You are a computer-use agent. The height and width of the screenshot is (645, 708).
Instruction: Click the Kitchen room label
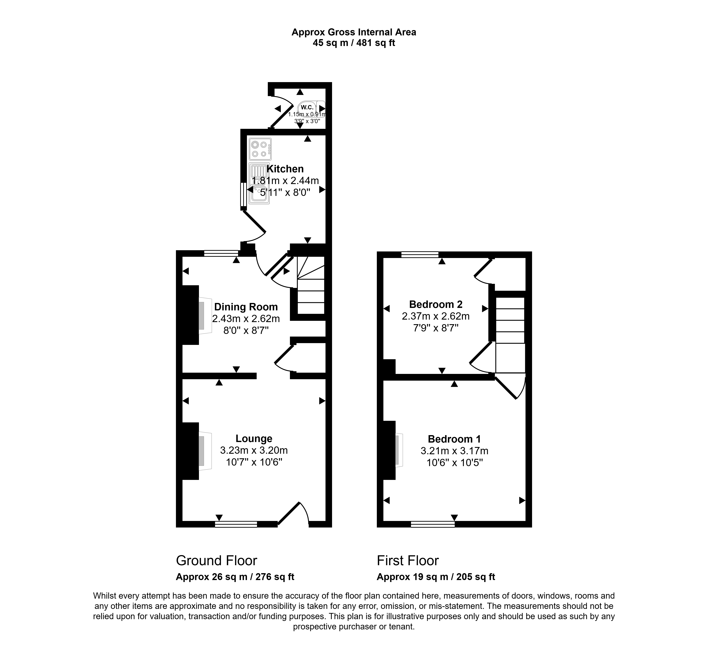(285, 169)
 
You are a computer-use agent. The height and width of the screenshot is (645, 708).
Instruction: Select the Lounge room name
(254, 438)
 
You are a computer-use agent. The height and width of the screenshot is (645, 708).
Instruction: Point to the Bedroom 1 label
(454, 439)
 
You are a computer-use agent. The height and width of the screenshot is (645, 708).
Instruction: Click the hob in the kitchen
(260, 149)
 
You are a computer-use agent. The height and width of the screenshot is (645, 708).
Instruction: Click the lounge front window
(236, 524)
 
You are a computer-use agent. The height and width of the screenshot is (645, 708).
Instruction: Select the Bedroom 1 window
(433, 524)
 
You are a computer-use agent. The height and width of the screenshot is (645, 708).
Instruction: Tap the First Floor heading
(408, 561)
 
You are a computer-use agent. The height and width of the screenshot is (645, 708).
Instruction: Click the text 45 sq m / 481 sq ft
(354, 43)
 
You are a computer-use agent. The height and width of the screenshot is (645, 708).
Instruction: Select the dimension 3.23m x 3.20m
(254, 450)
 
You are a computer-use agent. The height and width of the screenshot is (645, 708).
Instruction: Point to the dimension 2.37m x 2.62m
(436, 316)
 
